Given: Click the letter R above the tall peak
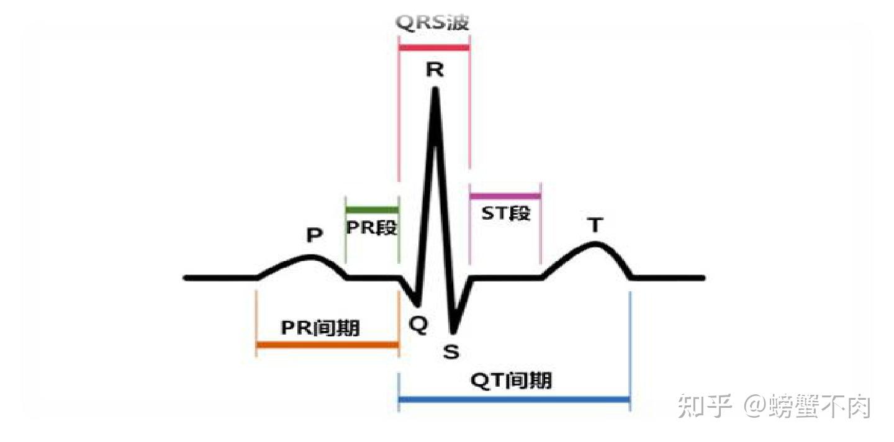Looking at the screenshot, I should pos(435,70).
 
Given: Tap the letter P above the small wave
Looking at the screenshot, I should pos(315,235).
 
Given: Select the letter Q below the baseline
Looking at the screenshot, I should pos(419,326).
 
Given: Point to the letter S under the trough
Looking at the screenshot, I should pos(451,352).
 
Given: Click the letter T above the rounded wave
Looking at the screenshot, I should pos(596,225).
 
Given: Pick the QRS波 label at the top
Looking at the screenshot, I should pos(433,24).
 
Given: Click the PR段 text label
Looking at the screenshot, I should pos(371,227).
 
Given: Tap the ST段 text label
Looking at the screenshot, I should pos(506,214).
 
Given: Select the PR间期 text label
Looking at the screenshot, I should pos(320,327).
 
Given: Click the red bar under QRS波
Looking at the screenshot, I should pos(434,47).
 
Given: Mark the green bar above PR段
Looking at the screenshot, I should pos(371,210).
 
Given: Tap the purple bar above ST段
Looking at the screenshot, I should pos(505,196).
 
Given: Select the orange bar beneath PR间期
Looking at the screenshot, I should pos(327,345).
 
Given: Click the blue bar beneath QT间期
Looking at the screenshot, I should pos(514,399).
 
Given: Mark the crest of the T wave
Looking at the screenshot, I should pos(595,243).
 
